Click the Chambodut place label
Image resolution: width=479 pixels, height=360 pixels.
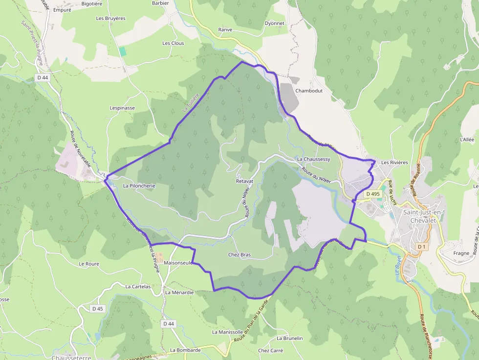tap(308, 91)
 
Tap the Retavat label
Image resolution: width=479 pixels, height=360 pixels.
tap(244, 181)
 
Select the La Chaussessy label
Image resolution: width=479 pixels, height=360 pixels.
tap(314, 159)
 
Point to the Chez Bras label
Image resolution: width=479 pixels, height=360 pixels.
tap(239, 254)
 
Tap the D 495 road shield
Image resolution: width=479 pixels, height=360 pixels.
tap(372, 194)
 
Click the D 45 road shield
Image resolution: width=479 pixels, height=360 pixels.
tap(98, 309)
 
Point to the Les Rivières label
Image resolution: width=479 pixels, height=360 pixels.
tap(394, 162)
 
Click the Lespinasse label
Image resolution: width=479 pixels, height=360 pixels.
tap(122, 108)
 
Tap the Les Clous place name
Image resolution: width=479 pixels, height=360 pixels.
tap(174, 43)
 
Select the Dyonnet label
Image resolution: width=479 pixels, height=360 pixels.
tap(274, 23)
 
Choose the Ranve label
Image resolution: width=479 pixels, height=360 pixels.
tap(225, 29)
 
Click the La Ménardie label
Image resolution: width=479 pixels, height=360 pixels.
tap(179, 293)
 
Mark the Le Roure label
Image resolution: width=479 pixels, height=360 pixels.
tap(89, 264)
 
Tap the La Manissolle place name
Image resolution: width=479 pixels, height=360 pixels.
tap(227, 332)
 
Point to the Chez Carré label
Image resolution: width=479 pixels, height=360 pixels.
tap(271, 350)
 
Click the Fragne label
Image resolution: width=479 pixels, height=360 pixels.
tap(461, 253)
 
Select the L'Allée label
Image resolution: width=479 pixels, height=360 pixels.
tap(467, 139)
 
